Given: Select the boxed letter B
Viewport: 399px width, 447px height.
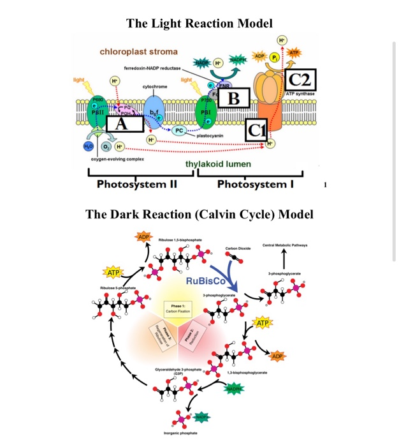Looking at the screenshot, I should (x=233, y=98).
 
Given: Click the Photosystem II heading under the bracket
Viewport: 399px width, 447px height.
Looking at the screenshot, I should (x=136, y=185).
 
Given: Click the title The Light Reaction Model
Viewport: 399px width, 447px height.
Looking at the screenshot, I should (x=199, y=24).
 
